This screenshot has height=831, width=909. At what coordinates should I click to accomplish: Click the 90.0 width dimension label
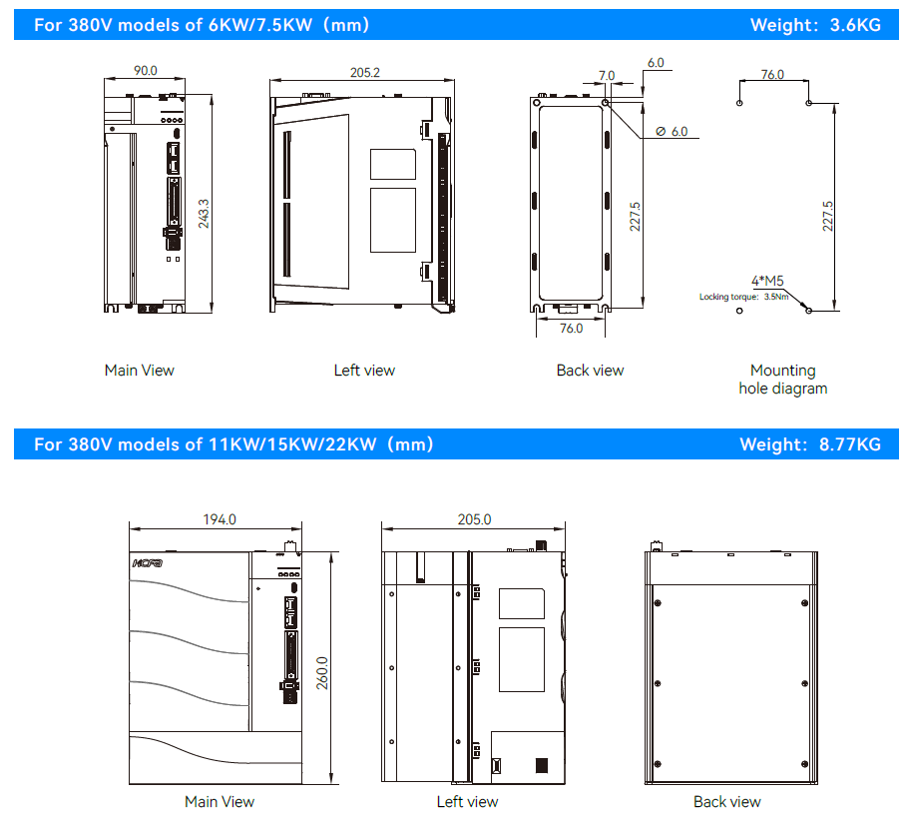(146, 70)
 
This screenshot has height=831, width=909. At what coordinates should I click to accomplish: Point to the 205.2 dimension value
(364, 73)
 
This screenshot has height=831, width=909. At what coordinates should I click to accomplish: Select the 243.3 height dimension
(204, 214)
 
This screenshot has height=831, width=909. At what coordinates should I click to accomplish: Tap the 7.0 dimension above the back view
(607, 76)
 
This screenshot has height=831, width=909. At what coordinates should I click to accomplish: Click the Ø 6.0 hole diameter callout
(672, 132)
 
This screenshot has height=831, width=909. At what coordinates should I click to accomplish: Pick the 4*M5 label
(767, 281)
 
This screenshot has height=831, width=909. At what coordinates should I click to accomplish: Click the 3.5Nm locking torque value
(776, 297)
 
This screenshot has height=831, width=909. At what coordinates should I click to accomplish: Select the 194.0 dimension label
(220, 519)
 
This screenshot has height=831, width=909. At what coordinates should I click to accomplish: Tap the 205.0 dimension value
(474, 519)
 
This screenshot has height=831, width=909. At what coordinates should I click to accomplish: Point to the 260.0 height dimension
(322, 673)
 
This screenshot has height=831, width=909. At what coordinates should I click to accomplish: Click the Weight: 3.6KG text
(815, 25)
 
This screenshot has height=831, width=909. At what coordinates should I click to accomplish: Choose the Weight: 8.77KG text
(810, 444)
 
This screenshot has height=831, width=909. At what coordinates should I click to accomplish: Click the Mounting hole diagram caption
(783, 379)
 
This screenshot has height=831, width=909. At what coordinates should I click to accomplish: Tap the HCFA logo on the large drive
(148, 563)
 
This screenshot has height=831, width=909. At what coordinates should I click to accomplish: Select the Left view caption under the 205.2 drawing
(364, 371)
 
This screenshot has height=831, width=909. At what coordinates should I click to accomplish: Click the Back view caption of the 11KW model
(727, 801)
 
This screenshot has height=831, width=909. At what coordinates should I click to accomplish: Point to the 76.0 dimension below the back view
(571, 329)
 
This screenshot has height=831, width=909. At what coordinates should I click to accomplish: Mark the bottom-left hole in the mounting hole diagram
(739, 311)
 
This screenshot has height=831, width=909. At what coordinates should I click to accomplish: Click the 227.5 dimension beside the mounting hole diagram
(828, 216)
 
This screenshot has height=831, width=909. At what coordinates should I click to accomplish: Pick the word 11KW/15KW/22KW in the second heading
(292, 444)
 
